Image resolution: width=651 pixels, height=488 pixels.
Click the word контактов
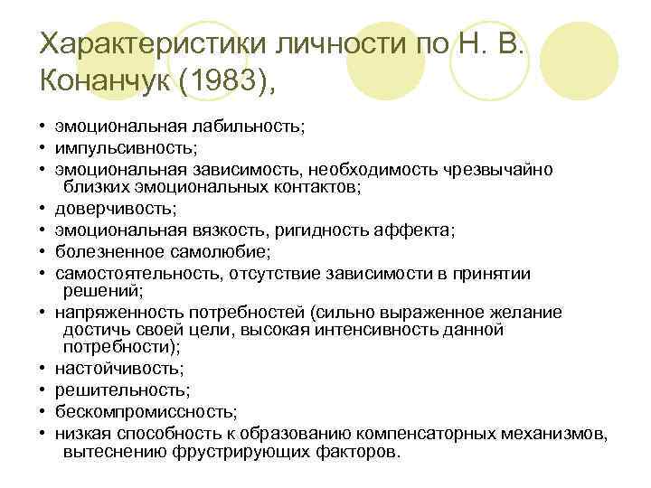[x=316, y=187]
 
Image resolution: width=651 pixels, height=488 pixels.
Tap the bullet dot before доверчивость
[x=42, y=210]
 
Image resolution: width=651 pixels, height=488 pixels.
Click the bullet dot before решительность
[x=42, y=389]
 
